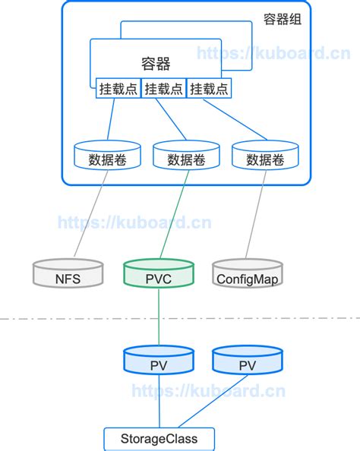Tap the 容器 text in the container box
tap(156, 64)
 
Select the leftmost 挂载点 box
tap(117, 88)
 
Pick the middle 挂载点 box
tap(163, 88)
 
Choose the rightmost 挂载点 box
tap(208, 88)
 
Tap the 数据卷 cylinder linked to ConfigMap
tap(265, 156)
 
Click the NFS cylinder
tap(68, 275)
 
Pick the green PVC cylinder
tap(159, 275)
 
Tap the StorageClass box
tap(159, 438)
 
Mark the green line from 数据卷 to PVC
tap(172, 216)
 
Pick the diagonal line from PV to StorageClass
tap(205, 400)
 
